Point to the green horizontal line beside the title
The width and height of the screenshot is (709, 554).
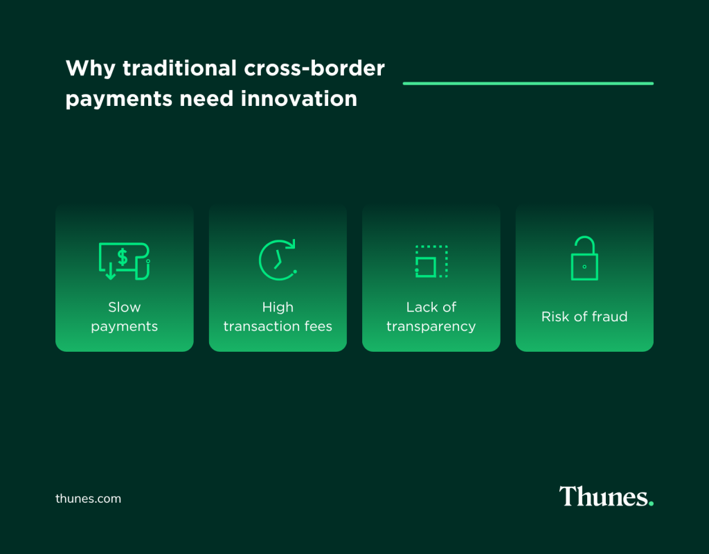pyautogui.click(x=528, y=83)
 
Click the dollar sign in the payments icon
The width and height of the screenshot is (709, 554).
pyautogui.click(x=123, y=257)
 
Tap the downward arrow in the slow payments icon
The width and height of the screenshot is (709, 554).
pyautogui.click(x=109, y=272)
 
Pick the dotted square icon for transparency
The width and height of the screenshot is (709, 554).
pyautogui.click(x=431, y=261)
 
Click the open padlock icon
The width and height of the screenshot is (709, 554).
pyautogui.click(x=584, y=258)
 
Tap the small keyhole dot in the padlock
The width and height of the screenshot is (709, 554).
pyautogui.click(x=584, y=267)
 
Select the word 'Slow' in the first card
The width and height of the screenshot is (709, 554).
pyautogui.click(x=124, y=307)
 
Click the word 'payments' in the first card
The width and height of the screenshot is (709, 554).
pyautogui.click(x=124, y=326)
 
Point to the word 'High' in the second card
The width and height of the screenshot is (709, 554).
pyautogui.click(x=278, y=307)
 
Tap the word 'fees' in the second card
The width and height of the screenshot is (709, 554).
pyautogui.click(x=318, y=326)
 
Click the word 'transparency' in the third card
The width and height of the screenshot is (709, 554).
pyautogui.click(x=431, y=326)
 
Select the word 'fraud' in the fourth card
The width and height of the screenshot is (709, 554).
pyautogui.click(x=609, y=316)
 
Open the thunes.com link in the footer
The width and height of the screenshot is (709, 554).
pyautogui.click(x=88, y=499)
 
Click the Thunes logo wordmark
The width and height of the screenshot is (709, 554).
pyautogui.click(x=602, y=497)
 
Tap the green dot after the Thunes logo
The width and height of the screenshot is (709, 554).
pyautogui.click(x=650, y=503)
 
